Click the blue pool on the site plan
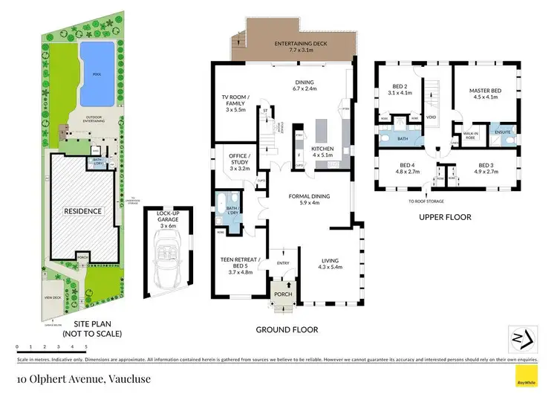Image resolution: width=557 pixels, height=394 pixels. pyautogui.click(x=97, y=73)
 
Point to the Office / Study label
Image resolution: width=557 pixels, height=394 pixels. pyautogui.click(x=240, y=161)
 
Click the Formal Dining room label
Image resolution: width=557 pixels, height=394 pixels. pyautogui.click(x=303, y=199)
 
